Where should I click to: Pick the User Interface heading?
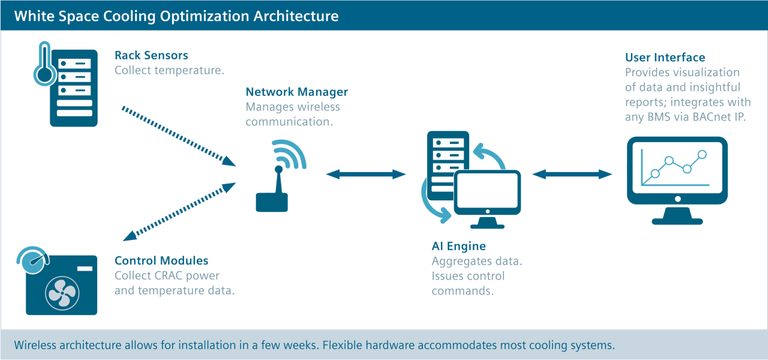[664, 58]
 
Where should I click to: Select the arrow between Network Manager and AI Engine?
[366, 175]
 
